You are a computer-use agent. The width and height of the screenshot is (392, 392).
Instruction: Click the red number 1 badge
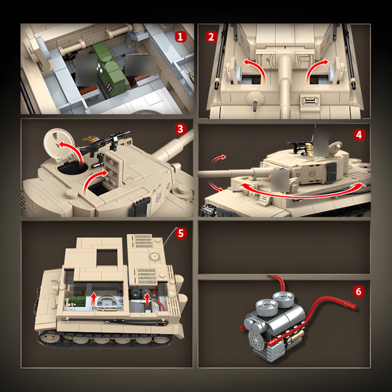pos(180,37)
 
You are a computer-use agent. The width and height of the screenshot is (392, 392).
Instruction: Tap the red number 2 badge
pos(211,37)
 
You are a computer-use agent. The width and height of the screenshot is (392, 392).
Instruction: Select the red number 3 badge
pos(180,129)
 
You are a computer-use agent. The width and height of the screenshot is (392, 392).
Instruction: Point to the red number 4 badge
pos(359,135)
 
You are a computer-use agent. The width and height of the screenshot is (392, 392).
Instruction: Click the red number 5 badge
pos(181,233)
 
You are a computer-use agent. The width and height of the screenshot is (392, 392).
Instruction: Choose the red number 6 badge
pos(359,292)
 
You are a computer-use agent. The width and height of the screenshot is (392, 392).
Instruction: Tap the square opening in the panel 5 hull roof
pos(107,257)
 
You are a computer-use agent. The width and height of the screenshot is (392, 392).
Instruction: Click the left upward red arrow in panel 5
pos(94,299)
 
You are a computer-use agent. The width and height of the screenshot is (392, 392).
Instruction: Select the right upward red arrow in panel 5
pos(147,299)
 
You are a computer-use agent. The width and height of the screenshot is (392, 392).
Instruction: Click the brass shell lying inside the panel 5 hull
pos(108,310)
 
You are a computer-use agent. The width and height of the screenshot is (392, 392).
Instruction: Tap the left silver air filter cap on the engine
pos(267,306)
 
